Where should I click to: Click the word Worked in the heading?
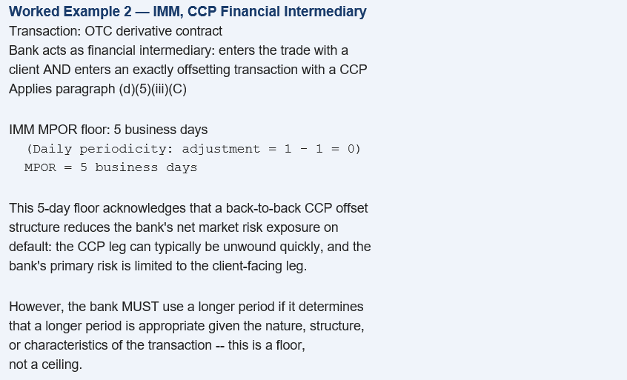pyautogui.click(x=34, y=11)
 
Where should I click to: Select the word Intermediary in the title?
pyautogui.click(x=325, y=11)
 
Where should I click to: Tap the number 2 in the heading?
pyautogui.click(x=127, y=11)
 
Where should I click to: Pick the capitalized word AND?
pyautogui.click(x=57, y=70)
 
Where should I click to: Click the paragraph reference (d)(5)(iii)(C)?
pyautogui.click(x=153, y=89)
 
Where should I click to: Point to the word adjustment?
pyautogui.click(x=221, y=149)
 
